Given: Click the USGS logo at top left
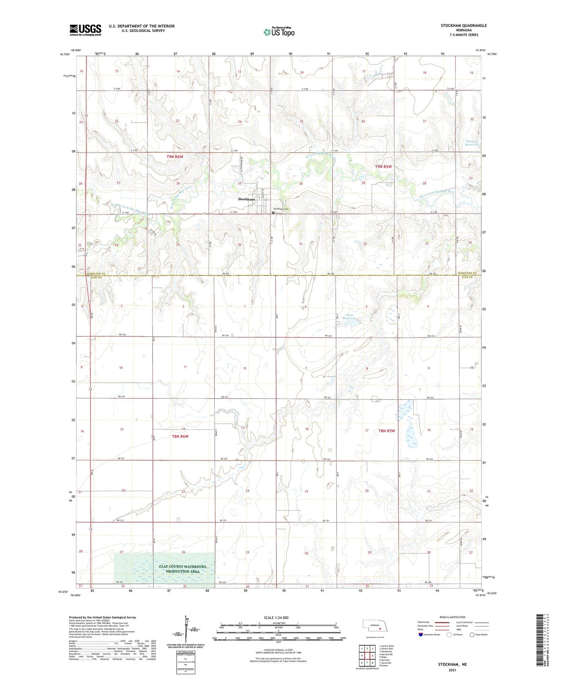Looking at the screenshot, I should point(85,30).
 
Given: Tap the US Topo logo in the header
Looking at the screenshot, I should point(278,31).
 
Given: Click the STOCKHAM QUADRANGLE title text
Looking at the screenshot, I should point(464,26).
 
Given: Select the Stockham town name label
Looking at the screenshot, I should point(246,199).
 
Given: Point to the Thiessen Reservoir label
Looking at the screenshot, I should point(471,143).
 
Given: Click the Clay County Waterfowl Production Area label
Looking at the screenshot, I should point(182,569).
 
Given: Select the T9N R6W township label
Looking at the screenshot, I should point(174,156).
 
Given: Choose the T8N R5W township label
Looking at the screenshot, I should point(386,431).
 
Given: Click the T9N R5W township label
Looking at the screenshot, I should point(383,167).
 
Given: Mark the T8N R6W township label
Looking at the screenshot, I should point(180,436).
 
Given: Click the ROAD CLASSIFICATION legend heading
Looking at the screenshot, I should point(452,617).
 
